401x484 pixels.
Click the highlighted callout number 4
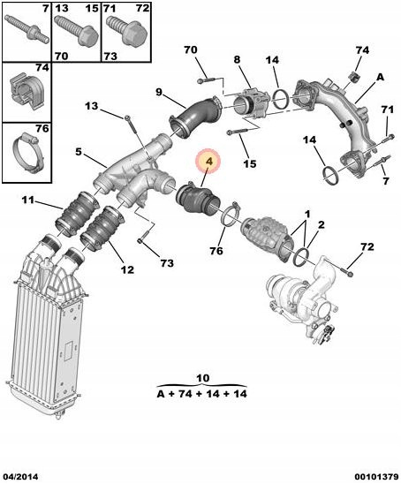coord(209,162)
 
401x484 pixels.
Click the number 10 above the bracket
coord(202,378)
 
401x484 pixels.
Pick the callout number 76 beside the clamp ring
coord(216,250)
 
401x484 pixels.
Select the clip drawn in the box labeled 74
coord(26,89)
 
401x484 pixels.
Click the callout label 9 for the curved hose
coord(158,92)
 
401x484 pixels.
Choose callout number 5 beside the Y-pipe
coord(79,152)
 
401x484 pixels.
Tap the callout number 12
coord(127,269)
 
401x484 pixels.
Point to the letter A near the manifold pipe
coord(380,77)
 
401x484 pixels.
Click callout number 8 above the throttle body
coord(237,59)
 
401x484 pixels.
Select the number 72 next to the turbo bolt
coord(367,246)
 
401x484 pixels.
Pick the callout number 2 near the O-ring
coord(322,224)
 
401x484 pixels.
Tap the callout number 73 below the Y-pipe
coord(167,263)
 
